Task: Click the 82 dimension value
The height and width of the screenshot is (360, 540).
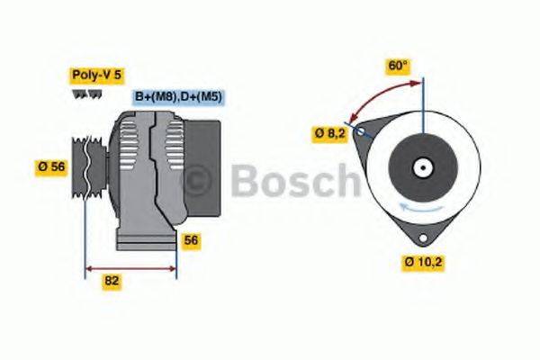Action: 112,281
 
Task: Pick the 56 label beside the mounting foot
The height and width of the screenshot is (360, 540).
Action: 191,241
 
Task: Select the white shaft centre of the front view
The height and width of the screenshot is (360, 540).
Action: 420,167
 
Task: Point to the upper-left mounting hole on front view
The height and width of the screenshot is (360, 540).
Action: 362,132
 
